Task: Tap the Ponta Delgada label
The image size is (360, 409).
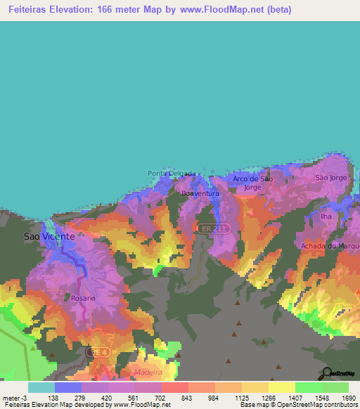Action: tap(171, 174)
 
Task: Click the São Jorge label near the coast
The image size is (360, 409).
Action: tap(331, 178)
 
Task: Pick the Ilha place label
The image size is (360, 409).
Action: tap(326, 216)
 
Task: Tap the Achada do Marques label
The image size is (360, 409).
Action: tap(330, 245)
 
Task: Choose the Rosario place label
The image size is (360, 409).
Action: tap(82, 297)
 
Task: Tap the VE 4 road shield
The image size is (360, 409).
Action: tap(97, 351)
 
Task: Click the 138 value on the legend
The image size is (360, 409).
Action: tap(53, 398)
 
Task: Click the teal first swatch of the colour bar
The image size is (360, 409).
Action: tap(41, 387)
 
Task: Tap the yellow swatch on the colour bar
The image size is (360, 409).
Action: tap(281, 387)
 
